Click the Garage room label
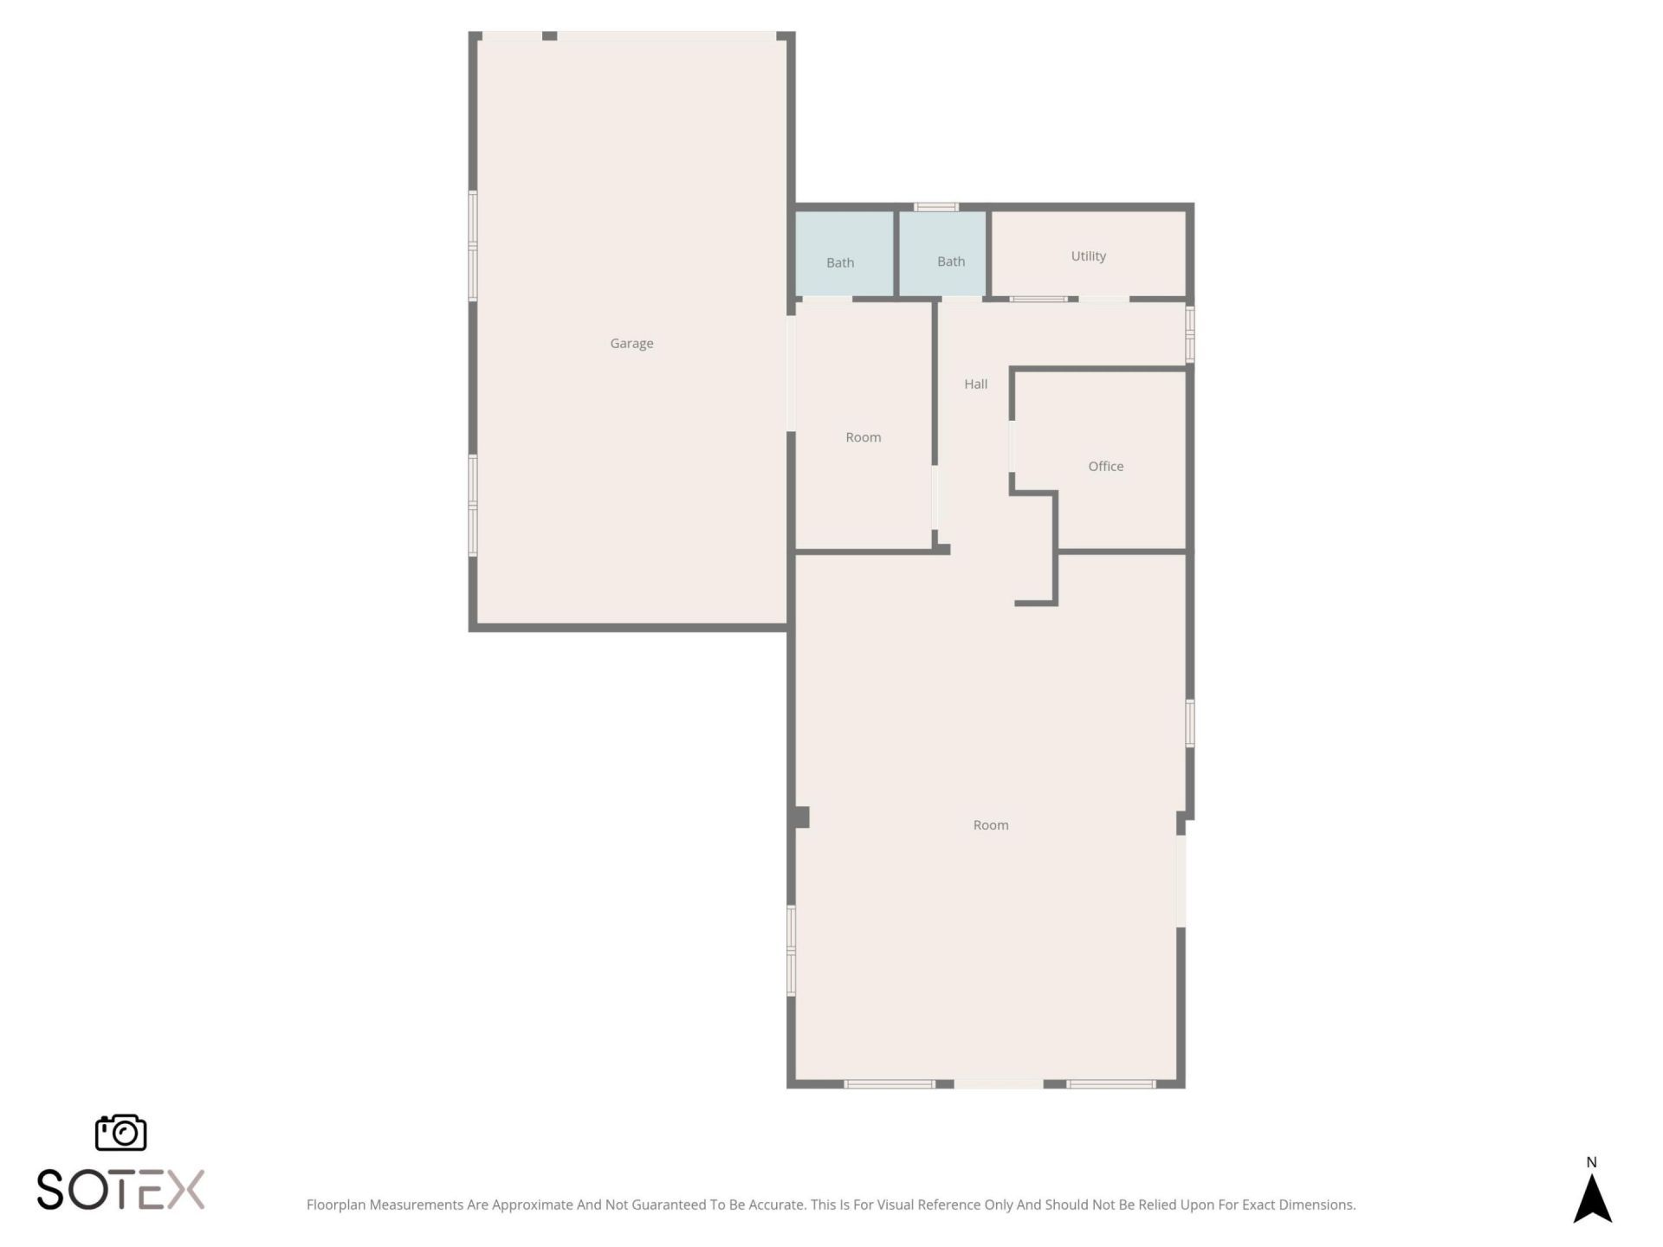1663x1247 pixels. click(631, 344)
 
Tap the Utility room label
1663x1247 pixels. click(1088, 256)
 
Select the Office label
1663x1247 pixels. click(1105, 467)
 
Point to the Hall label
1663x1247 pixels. click(975, 384)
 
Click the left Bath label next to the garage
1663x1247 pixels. click(839, 262)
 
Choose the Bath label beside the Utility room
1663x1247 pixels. click(950, 262)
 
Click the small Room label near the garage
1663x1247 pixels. click(863, 438)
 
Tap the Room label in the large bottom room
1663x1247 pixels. click(990, 825)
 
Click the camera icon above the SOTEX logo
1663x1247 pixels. click(120, 1133)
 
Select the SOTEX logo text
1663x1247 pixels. click(120, 1189)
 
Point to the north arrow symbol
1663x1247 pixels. click(1591, 1199)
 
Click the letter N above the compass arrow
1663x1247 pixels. click(1591, 1162)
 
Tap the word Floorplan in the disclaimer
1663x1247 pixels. click(335, 1205)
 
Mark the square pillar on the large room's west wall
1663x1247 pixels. click(800, 817)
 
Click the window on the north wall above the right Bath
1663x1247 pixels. click(936, 207)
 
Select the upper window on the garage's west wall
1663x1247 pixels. click(473, 246)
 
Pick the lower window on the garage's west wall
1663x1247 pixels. click(473, 505)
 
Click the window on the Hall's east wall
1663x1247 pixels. click(1189, 333)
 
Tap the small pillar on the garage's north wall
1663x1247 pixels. click(549, 36)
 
